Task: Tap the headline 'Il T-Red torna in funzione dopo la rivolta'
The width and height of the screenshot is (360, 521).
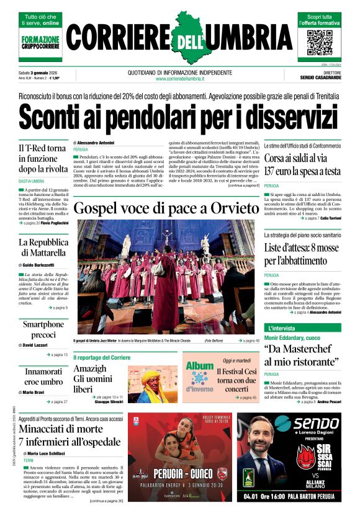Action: [x=42, y=158]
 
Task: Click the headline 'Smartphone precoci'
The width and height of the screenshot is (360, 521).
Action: [x=43, y=329]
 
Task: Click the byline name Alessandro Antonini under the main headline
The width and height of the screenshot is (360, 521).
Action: [x=96, y=143]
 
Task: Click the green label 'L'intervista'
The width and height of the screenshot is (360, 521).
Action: [x=282, y=327]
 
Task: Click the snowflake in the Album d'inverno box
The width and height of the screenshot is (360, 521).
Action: [x=200, y=378]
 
